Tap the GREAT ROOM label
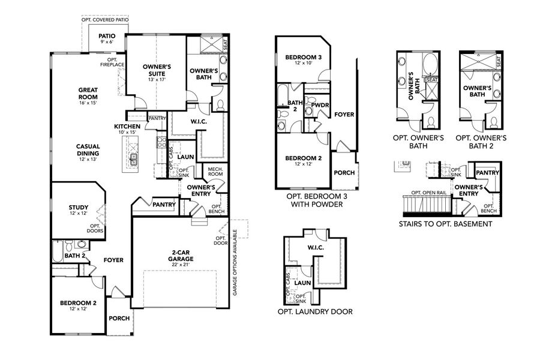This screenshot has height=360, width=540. coord(88,94)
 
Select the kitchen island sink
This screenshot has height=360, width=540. coord(134,159)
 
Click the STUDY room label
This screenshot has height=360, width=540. coord(78,211)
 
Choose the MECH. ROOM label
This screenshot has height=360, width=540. coord(215,172)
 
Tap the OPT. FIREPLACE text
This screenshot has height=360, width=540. coord(112,62)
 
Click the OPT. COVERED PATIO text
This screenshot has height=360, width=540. coord(105,20)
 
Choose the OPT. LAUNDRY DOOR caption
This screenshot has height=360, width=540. coord(314,311)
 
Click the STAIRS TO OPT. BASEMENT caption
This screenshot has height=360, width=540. coord(445,224)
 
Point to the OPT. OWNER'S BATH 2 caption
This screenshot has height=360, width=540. coord(481,142)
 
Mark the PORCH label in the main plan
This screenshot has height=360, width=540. coord(119,318)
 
